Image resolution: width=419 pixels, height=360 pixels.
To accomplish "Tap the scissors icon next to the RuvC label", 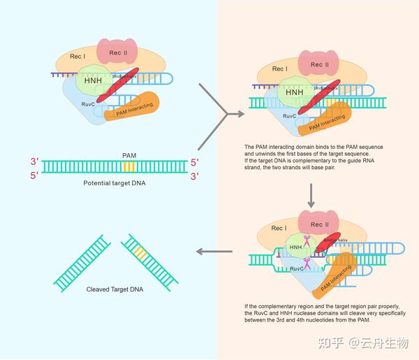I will [x=306, y=262].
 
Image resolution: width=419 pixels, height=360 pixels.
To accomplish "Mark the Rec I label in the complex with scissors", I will [x=278, y=228].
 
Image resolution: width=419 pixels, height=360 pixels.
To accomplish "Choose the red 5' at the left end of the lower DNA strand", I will [x=34, y=176].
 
